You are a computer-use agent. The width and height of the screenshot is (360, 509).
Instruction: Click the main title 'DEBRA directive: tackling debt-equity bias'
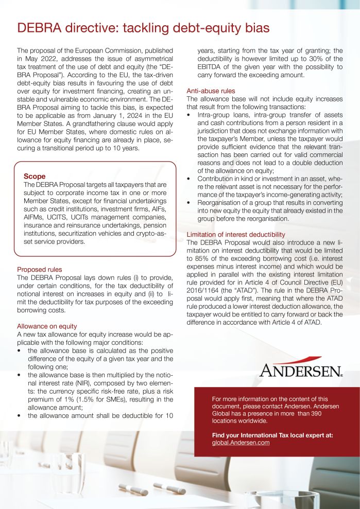[x=143, y=27]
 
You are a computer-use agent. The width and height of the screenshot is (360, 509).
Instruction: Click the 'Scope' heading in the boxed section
[x=35, y=176]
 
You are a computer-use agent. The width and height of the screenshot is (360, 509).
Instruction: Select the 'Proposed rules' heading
[x=39, y=269]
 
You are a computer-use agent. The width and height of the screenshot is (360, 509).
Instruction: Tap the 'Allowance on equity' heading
[x=47, y=326]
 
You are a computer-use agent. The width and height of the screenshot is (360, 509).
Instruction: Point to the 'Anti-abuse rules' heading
[x=210, y=91]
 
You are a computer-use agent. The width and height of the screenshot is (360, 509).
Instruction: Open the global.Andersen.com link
[x=241, y=442]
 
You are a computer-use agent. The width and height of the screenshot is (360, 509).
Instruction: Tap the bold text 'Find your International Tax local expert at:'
[x=272, y=435]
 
